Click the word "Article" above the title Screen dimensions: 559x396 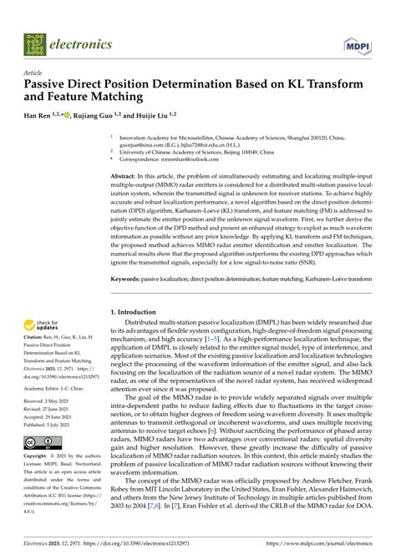35,73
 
